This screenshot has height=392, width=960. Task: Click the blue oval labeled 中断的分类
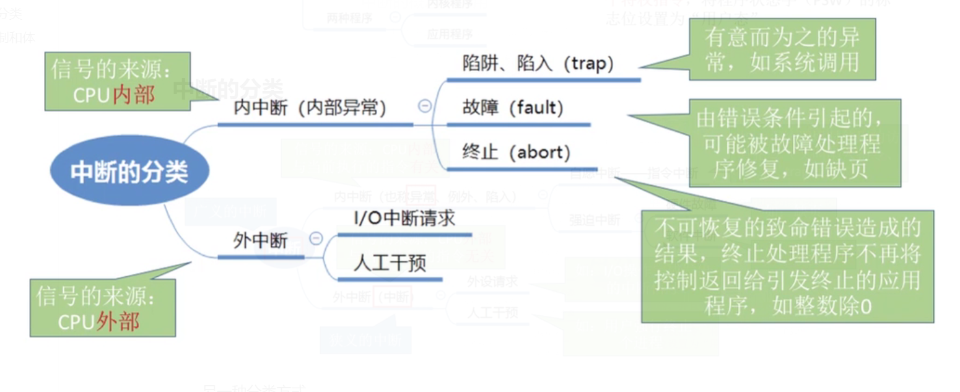pos(129,172)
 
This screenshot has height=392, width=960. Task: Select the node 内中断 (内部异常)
pos(310,108)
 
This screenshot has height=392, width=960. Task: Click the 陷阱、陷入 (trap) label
pos(538,63)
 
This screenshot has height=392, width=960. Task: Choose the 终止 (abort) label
pos(516,152)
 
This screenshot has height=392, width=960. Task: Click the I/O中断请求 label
pos(404,219)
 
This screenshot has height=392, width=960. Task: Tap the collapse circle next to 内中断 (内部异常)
pos(425,106)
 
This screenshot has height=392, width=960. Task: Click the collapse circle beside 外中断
pos(316,238)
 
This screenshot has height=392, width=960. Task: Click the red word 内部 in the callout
pos(133,95)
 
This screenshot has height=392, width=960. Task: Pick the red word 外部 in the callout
pos(118,321)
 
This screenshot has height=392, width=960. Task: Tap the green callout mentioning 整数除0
pos(787,266)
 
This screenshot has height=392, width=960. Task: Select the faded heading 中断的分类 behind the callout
pos(228,89)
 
